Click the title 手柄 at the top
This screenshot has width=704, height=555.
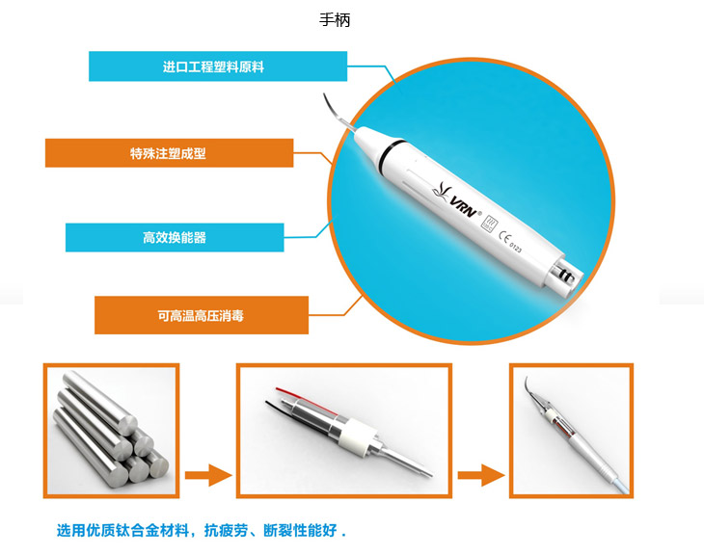tap(335, 19)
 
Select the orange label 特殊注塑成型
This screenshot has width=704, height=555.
tap(170, 153)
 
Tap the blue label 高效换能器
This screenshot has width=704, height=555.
tap(175, 237)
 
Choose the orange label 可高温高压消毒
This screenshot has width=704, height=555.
tap(202, 315)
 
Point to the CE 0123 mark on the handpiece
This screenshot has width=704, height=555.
tap(510, 242)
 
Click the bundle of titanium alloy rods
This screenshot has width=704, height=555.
tap(111, 430)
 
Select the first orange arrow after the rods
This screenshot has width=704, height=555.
tap(208, 475)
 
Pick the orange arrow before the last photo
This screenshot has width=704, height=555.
tap(481, 475)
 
